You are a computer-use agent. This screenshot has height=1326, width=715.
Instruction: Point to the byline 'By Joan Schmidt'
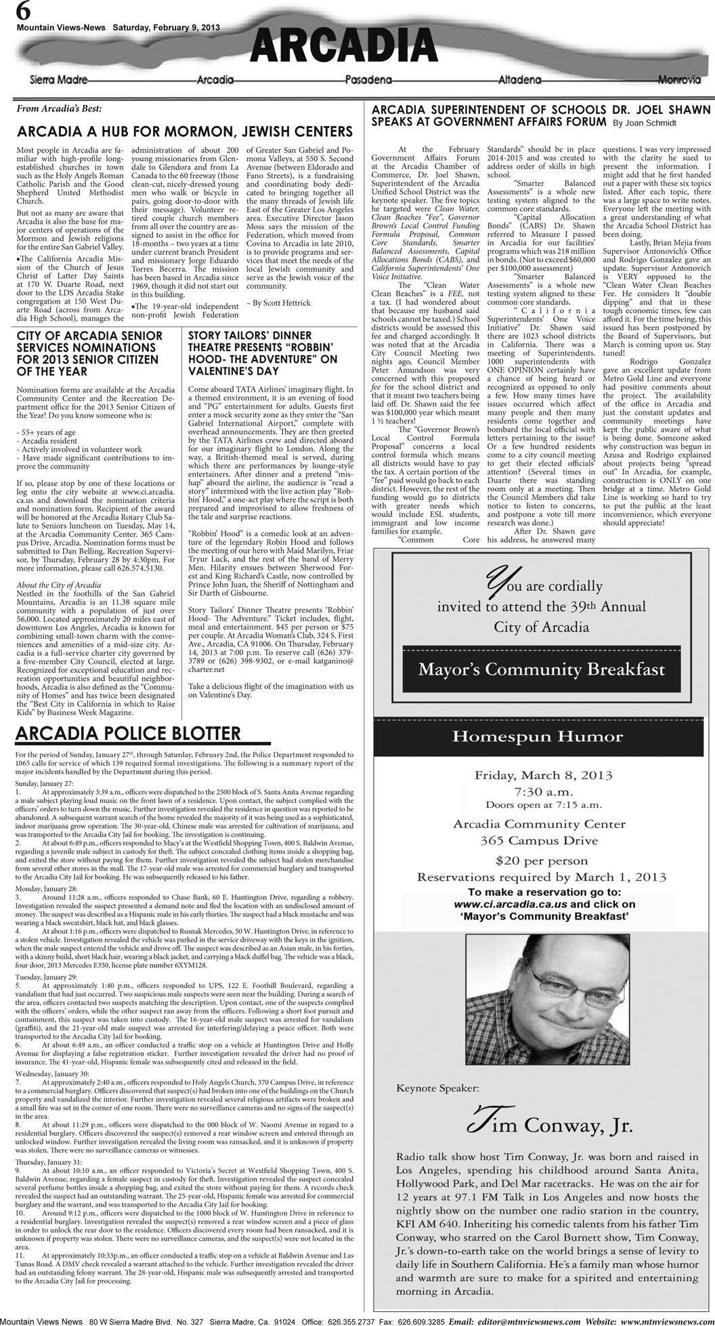[644, 123]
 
